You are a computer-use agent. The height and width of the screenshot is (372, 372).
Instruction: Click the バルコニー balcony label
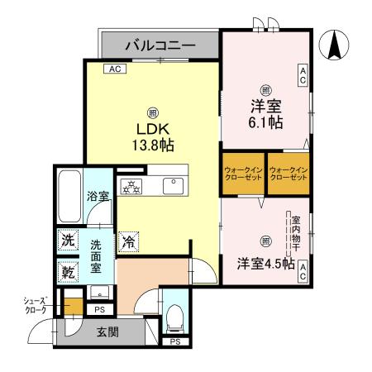[160, 45]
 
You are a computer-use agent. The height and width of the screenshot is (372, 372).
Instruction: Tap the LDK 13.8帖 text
[151, 135]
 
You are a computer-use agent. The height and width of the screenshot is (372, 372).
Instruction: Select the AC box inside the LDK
[114, 70]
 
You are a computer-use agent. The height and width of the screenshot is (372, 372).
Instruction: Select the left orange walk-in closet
[242, 174]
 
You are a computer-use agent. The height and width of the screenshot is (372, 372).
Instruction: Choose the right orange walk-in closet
[288, 174]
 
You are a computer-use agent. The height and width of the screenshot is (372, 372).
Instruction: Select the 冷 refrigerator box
[128, 241]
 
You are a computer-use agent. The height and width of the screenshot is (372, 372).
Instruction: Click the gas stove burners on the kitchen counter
[132, 185]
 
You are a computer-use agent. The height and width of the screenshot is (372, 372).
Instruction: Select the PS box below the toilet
[174, 341]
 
